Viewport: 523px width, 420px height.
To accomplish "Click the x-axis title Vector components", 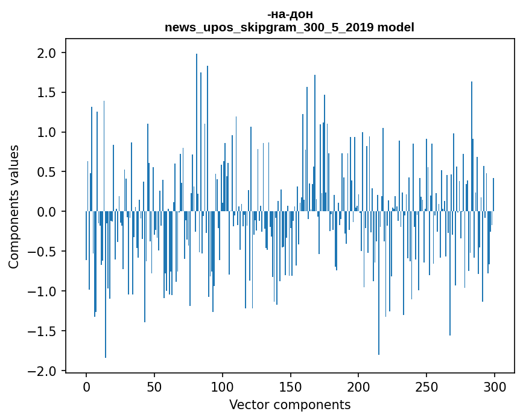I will (290, 404).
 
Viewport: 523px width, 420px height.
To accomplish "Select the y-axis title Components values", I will (14, 206).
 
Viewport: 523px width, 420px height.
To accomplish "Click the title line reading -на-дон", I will (290, 14).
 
